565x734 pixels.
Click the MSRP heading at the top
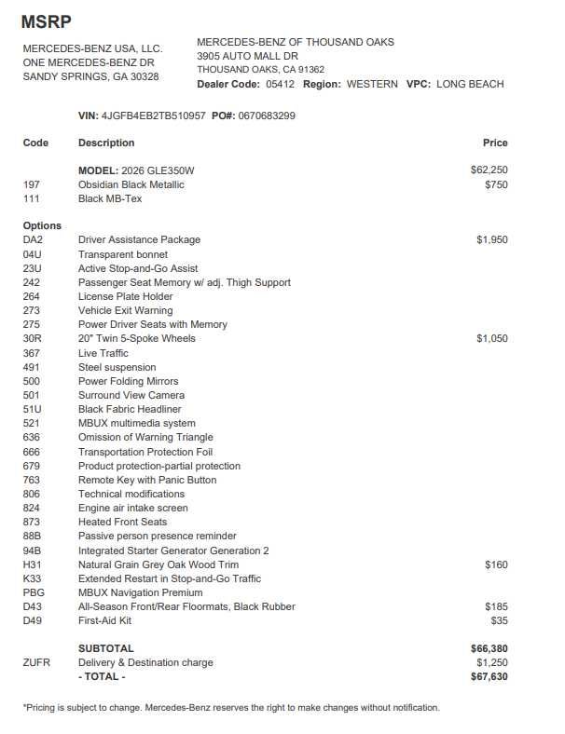(46, 21)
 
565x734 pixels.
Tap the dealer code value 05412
(281, 84)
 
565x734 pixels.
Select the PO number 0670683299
(268, 116)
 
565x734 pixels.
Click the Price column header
(495, 143)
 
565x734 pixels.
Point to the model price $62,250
(489, 170)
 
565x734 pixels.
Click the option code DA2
(33, 239)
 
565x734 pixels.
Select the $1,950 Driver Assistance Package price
(492, 239)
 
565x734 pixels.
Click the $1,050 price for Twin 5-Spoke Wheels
(492, 338)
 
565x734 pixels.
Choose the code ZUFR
(36, 662)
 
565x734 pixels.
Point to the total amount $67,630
(489, 676)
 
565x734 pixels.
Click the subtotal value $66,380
(489, 648)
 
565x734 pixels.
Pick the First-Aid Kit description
(104, 620)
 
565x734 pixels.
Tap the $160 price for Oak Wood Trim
(496, 564)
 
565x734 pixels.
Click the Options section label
(42, 225)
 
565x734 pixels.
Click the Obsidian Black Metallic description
(131, 184)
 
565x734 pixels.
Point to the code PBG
(34, 592)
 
